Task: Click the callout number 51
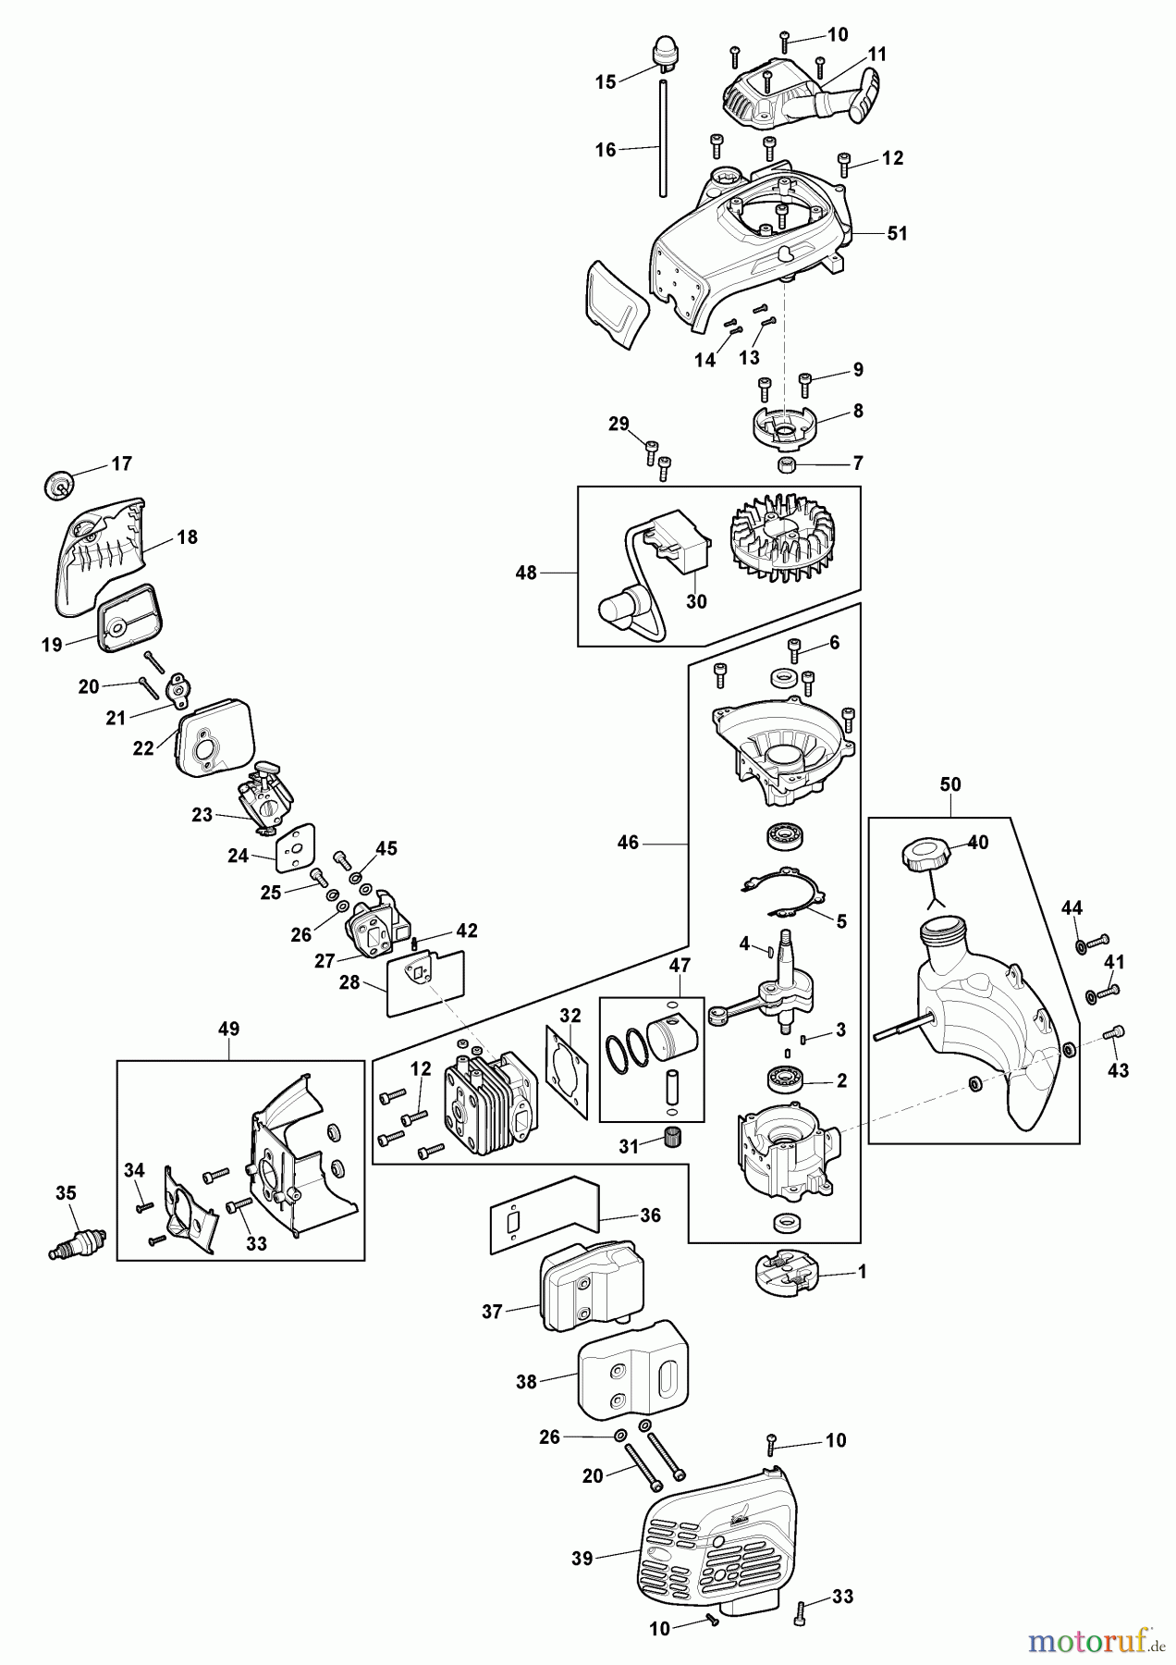click(x=897, y=234)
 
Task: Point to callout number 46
click(x=628, y=844)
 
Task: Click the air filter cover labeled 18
click(x=100, y=555)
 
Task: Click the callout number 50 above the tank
click(x=949, y=784)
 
